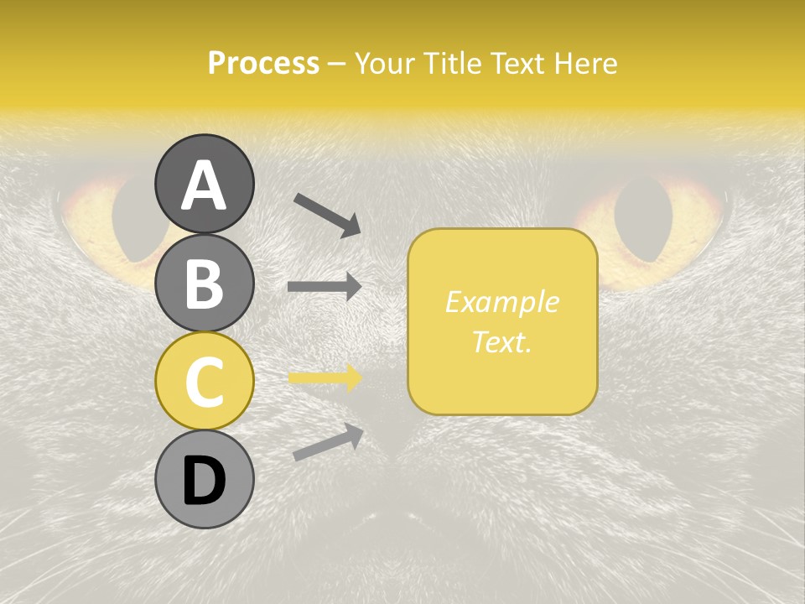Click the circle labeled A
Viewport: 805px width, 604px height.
coord(204,184)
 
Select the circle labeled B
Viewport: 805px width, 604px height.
coord(204,283)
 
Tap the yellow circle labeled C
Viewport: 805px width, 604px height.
coord(204,381)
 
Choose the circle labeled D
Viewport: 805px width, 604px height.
coord(204,479)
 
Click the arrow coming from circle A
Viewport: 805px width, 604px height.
coord(327,213)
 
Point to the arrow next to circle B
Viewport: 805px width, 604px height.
coord(325,286)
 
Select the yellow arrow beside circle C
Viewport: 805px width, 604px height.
coord(325,377)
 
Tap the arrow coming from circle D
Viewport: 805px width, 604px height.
coord(328,442)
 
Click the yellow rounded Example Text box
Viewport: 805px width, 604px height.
coord(502,322)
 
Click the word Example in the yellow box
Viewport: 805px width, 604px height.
coord(502,302)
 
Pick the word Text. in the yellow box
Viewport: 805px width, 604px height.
coord(502,341)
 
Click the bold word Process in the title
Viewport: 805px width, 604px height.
coord(263,63)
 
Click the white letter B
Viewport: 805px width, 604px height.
coord(204,283)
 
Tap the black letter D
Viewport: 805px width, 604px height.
coord(204,481)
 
